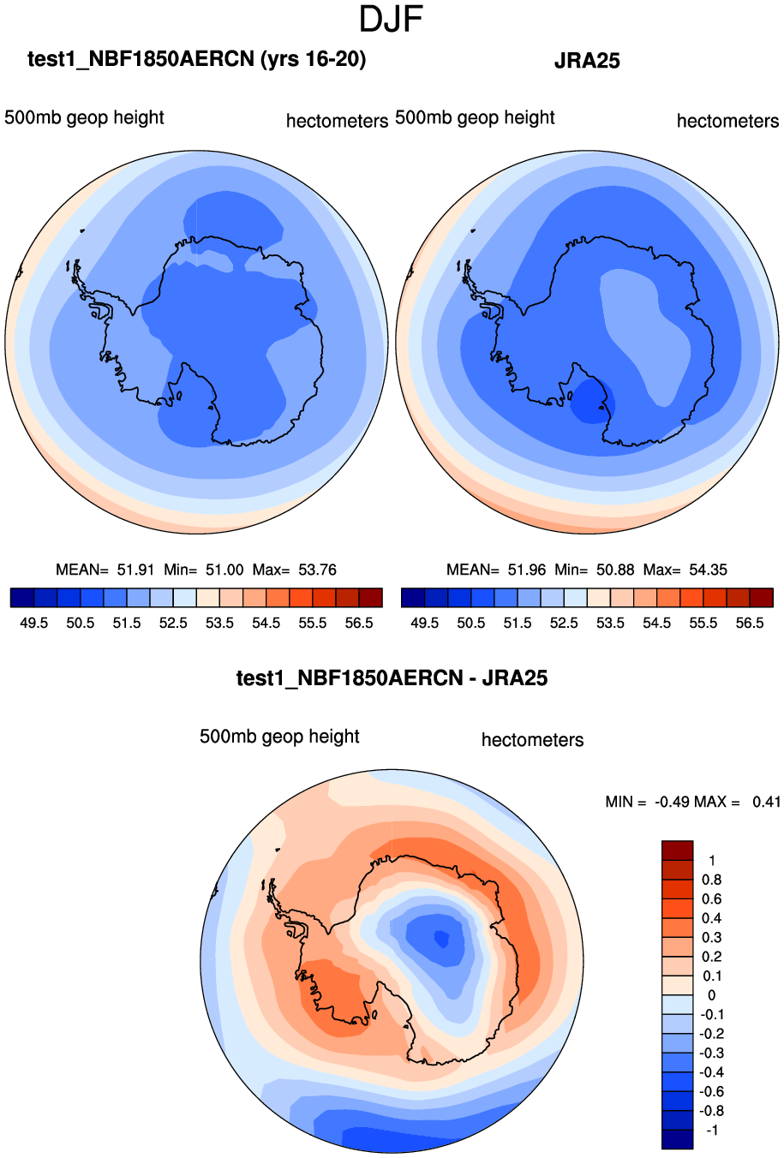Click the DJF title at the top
click(x=392, y=19)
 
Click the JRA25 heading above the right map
click(x=587, y=61)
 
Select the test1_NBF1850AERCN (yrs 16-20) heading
click(x=197, y=59)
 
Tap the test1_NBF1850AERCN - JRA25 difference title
click(x=392, y=678)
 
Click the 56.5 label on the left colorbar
click(x=359, y=623)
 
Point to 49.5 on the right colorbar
click(x=425, y=623)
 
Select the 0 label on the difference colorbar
click(x=711, y=995)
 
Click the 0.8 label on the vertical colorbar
click(x=712, y=880)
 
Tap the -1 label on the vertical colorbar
click(x=711, y=1130)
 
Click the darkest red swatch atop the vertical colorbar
click(x=677, y=851)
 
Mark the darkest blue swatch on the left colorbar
click(x=22, y=598)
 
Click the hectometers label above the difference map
click(x=532, y=740)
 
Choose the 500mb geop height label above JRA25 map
click(x=475, y=118)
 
